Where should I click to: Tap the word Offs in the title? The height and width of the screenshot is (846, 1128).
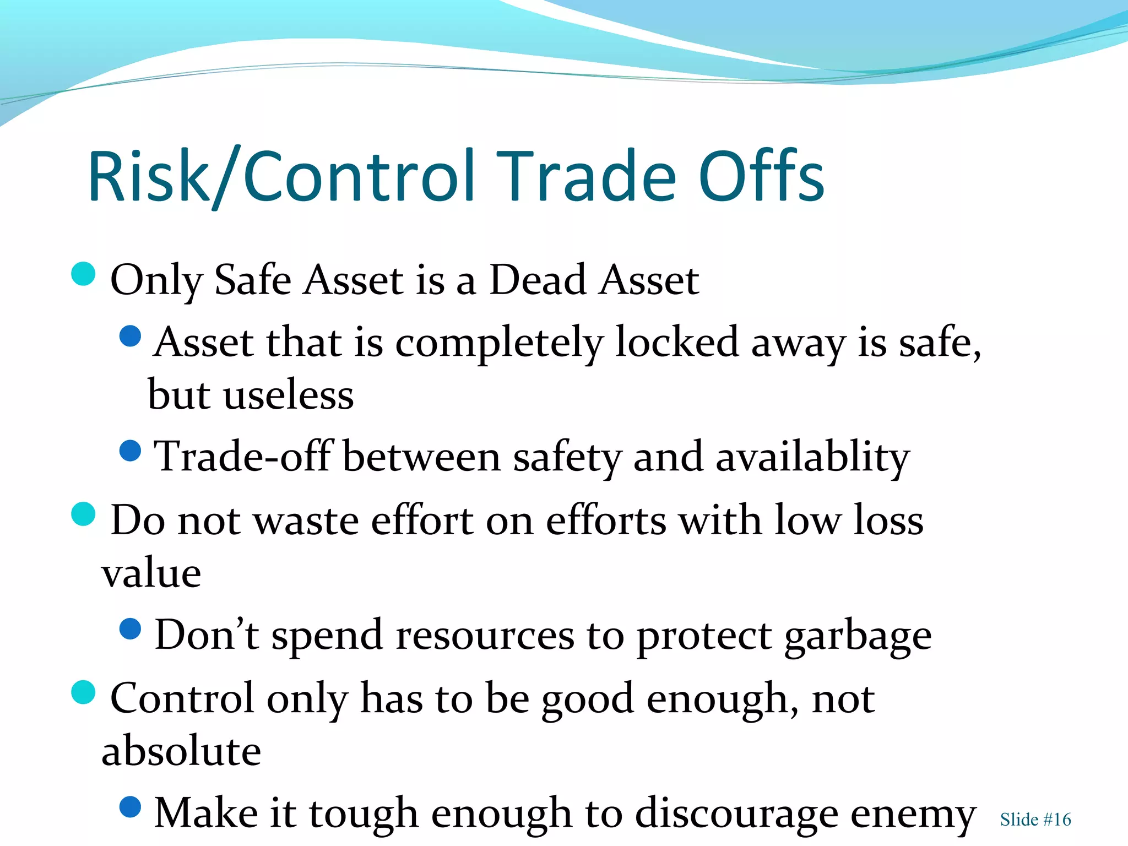click(761, 176)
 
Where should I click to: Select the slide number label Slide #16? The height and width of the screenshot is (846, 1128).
click(1035, 820)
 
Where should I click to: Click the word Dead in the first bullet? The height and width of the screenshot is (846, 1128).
click(538, 280)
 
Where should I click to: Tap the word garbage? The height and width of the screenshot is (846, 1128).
click(858, 636)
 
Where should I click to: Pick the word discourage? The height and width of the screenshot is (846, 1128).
click(736, 814)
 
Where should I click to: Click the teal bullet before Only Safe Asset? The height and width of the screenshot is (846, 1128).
click(84, 274)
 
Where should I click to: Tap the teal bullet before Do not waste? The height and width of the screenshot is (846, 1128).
click(84, 514)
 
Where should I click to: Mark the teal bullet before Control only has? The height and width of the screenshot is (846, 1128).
click(84, 692)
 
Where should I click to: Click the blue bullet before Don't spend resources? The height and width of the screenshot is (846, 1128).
click(131, 628)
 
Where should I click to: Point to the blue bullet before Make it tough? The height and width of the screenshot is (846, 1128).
click(131, 807)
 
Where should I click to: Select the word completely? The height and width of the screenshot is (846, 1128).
click(499, 343)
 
